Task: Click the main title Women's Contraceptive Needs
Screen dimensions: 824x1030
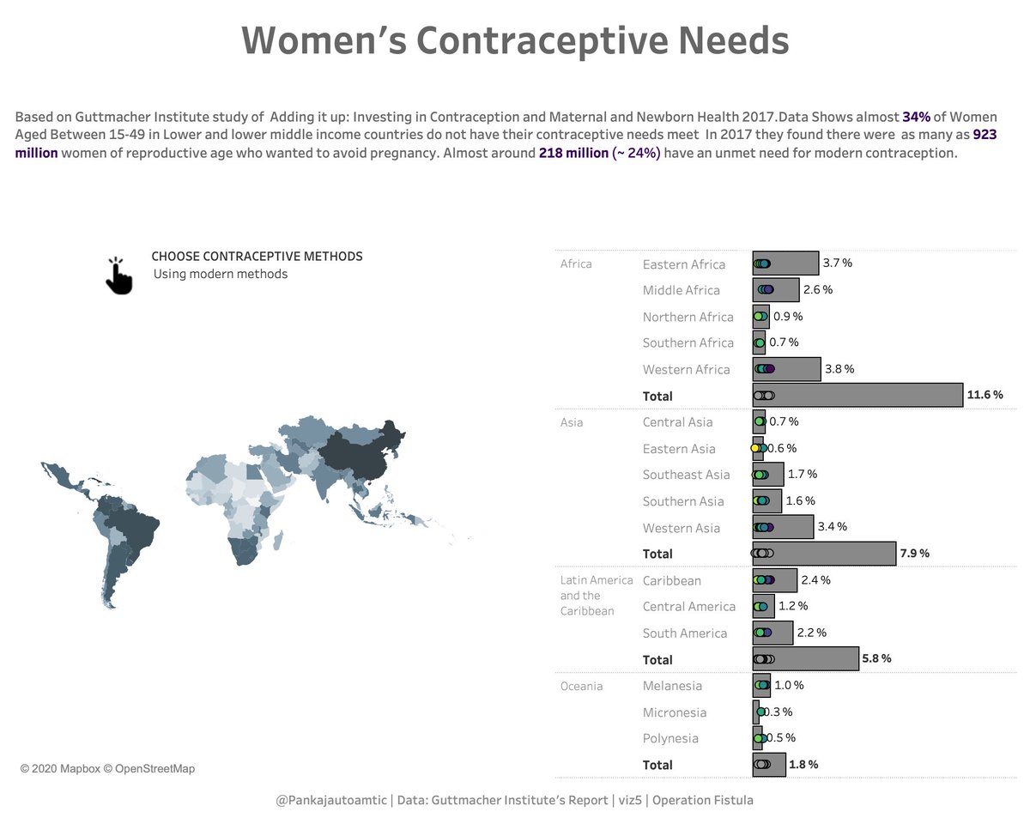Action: (514, 40)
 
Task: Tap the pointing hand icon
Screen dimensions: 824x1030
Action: (118, 276)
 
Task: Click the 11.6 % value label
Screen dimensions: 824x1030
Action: (985, 395)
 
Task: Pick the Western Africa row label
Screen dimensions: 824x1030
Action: (686, 369)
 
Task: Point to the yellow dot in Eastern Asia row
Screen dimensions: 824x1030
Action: (755, 448)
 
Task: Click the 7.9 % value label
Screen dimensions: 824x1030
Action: (914, 553)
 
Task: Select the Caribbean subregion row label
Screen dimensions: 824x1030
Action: (671, 580)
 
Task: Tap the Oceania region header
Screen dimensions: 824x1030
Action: (581, 686)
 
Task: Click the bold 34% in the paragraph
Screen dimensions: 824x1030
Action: (916, 117)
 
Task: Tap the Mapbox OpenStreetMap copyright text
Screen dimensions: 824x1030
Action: (107, 768)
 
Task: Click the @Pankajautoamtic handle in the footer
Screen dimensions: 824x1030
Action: (331, 800)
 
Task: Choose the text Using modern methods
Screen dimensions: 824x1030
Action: (221, 274)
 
